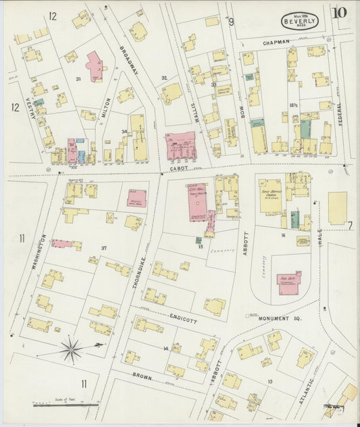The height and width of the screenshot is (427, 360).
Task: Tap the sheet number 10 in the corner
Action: (340, 12)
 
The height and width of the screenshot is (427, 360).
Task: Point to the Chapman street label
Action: (277, 42)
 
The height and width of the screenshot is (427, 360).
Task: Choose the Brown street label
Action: (142, 376)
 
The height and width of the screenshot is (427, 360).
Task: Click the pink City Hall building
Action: (198, 200)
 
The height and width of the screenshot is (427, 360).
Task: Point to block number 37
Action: (104, 248)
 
